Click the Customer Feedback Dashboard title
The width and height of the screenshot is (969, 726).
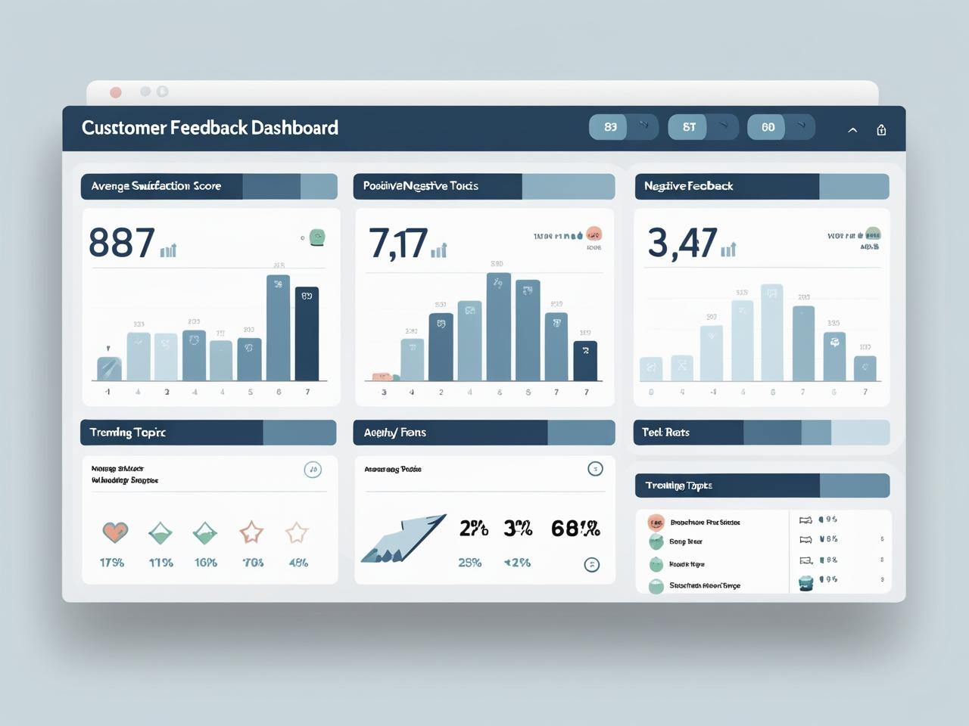(210, 128)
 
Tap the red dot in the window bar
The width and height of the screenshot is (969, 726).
(116, 92)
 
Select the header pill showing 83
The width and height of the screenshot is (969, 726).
(610, 127)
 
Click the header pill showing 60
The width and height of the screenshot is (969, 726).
(768, 127)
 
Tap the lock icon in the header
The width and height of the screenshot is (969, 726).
(881, 130)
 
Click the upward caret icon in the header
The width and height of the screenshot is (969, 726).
(852, 130)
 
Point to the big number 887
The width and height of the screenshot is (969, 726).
(122, 244)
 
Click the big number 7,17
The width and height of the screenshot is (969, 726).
(398, 244)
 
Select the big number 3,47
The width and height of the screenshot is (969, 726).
(682, 244)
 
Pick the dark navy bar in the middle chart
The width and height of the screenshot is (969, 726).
(585, 360)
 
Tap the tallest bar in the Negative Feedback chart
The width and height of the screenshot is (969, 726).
(771, 332)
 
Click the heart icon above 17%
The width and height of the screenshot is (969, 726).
(115, 532)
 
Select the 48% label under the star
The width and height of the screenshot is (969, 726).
(298, 563)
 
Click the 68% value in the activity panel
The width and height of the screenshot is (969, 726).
(575, 529)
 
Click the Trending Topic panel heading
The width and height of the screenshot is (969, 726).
(127, 433)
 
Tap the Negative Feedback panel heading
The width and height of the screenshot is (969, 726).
(688, 186)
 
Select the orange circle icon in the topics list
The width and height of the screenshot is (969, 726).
(656, 522)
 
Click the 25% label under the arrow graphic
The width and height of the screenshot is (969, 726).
(469, 563)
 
